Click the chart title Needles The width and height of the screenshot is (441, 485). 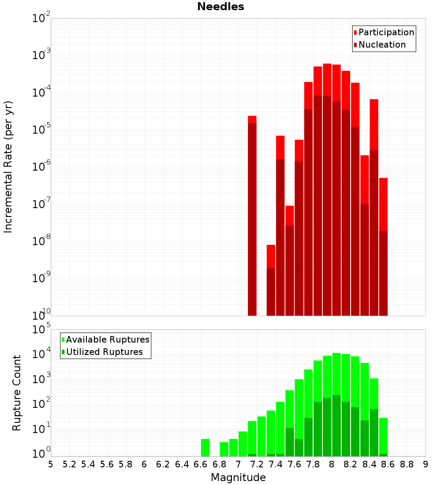click(220, 7)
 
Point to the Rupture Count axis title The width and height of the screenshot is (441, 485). click(17, 393)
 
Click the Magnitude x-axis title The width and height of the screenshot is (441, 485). click(238, 478)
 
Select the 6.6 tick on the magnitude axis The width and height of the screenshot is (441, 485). click(201, 464)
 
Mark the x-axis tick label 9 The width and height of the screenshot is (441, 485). click(426, 464)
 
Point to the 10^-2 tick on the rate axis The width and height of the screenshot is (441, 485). click(41, 19)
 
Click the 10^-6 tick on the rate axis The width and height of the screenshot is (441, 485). click(41, 167)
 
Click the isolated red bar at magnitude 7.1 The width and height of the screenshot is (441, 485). click(252, 216)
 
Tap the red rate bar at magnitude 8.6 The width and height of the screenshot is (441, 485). click(383, 247)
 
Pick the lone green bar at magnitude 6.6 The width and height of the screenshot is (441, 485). click(206, 448)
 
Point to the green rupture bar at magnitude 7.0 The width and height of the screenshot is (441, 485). click(243, 444)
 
